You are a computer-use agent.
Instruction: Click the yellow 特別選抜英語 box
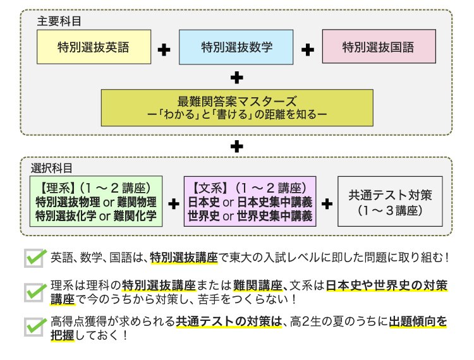point(94,47)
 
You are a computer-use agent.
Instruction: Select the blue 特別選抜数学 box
point(236,47)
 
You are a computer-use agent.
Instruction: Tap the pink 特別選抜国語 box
point(379,47)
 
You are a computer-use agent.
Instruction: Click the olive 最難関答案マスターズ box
point(237,107)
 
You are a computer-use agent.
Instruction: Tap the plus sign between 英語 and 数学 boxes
point(164,49)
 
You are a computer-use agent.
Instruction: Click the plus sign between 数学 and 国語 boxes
point(308,49)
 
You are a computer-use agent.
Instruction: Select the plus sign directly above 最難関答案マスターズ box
point(237,78)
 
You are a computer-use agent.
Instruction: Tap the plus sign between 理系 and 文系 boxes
point(173,203)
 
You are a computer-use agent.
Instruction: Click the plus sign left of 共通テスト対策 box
point(327,203)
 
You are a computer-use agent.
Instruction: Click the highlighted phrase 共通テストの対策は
point(228,321)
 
